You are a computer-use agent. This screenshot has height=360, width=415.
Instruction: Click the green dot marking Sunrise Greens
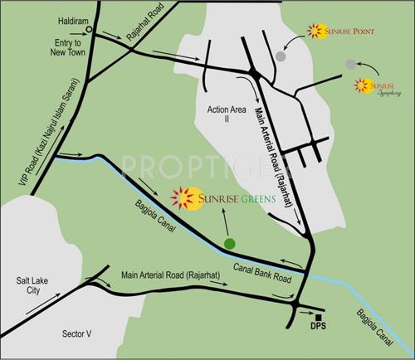point(229,242)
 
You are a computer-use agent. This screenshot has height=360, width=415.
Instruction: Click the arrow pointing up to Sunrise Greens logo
point(225,220)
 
